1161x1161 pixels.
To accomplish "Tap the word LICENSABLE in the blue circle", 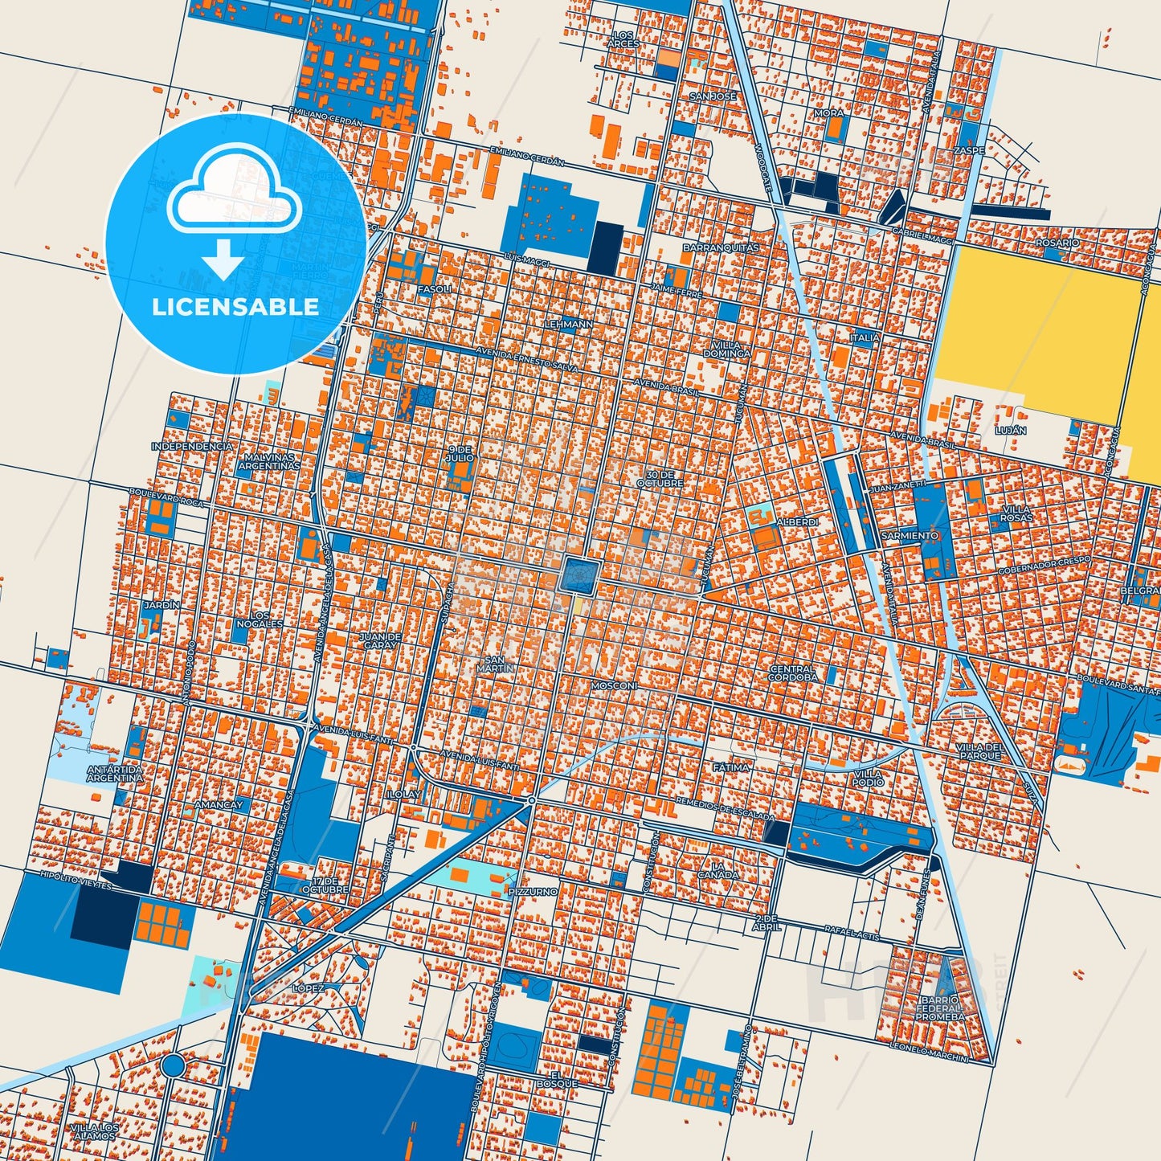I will [x=235, y=306].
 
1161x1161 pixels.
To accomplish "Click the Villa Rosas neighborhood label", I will [x=1016, y=513].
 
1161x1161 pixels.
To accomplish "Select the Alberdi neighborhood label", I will [x=797, y=522].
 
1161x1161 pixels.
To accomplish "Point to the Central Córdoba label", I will [x=791, y=672].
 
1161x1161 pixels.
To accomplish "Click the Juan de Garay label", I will [x=379, y=640].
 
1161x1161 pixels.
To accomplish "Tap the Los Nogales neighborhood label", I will [x=260, y=619].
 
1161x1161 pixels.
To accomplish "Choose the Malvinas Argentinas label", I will [x=271, y=461].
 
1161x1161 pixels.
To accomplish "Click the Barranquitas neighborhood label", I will [x=721, y=248].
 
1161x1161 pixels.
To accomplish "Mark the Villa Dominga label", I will [x=726, y=349].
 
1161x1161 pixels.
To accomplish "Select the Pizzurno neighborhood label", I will [x=532, y=891].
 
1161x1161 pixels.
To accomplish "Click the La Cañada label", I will [x=717, y=870].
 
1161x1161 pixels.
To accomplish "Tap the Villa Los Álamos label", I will [x=94, y=1131].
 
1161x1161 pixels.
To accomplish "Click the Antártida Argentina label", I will [x=115, y=774].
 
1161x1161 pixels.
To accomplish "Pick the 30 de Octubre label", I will [x=660, y=479].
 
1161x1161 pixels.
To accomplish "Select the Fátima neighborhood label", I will [x=730, y=767].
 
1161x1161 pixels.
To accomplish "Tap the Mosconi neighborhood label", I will [x=614, y=686].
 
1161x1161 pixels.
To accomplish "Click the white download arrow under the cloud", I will [x=224, y=261].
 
